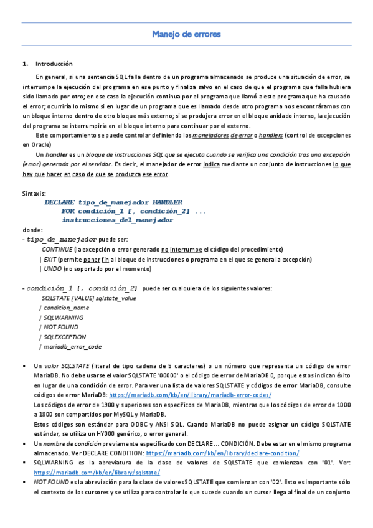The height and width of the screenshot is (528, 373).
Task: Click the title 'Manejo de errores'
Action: coord(186,34)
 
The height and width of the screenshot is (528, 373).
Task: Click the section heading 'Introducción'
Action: coord(54,64)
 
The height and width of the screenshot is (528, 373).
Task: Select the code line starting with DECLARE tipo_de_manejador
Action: coord(113,202)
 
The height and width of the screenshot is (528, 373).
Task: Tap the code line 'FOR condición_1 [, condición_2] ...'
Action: coord(133,212)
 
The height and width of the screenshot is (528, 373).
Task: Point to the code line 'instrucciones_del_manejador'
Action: coord(117,220)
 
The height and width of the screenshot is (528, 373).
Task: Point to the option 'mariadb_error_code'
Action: coord(72,347)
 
